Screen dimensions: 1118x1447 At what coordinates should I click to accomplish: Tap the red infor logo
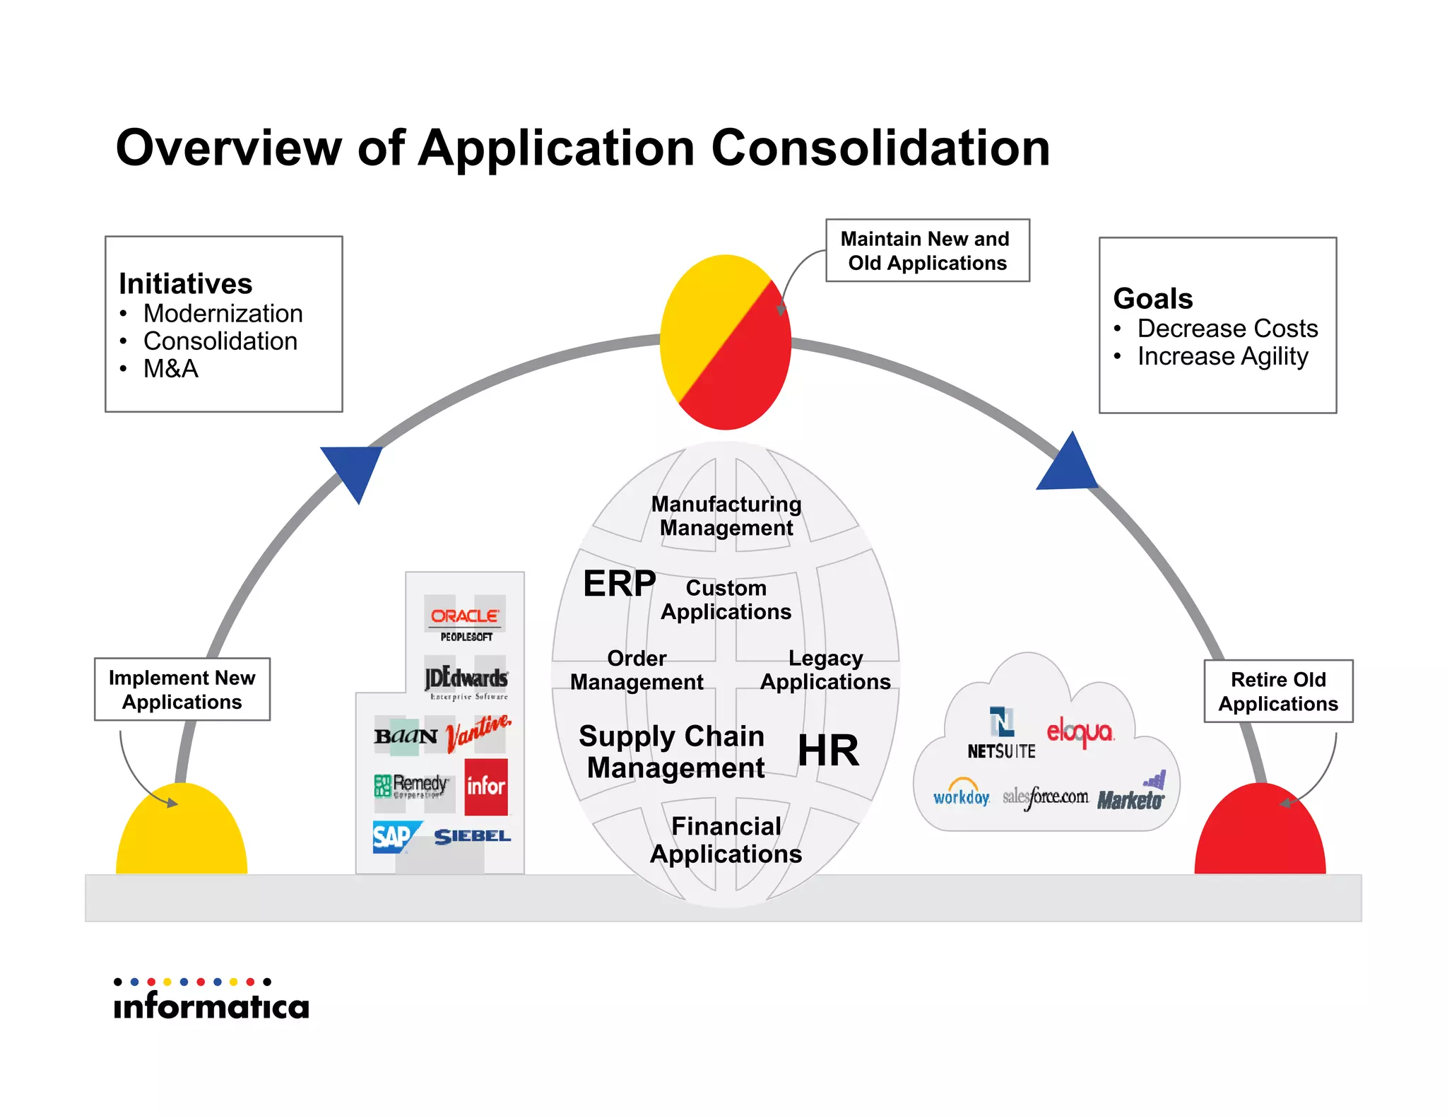pos(486,787)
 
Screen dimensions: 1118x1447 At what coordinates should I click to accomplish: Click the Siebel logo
pos(472,836)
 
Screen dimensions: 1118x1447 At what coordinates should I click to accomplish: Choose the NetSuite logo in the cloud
pos(1001,735)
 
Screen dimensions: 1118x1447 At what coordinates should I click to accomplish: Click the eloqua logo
pos(1080,732)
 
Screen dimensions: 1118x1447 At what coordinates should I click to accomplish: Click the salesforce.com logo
pos(1045,797)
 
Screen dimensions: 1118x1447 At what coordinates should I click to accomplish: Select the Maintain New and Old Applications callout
pos(927,251)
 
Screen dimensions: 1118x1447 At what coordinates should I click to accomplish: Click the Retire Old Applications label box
pos(1277,691)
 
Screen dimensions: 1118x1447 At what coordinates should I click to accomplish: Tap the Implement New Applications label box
pos(182,690)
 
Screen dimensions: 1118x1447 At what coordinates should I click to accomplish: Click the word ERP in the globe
pos(619,584)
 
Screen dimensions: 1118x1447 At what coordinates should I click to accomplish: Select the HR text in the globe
pos(828,751)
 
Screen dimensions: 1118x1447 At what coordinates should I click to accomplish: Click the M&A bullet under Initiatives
pos(170,369)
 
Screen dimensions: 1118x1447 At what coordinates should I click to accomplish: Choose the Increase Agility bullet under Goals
pos(1222,356)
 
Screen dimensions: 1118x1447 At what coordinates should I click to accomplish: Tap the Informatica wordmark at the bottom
pos(211,1005)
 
